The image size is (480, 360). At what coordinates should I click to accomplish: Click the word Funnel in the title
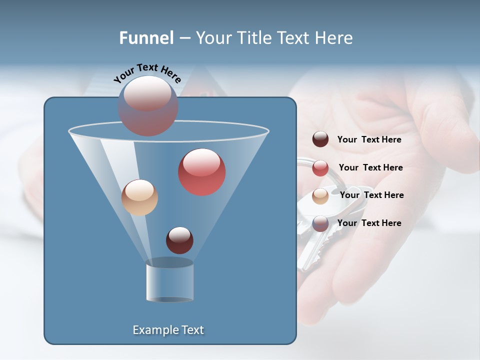pyautogui.click(x=146, y=38)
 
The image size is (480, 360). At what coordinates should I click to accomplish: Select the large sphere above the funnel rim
pyautogui.click(x=147, y=105)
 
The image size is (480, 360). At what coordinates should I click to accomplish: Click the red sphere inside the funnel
pyautogui.click(x=201, y=172)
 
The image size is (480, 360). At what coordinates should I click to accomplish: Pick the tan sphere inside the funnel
pyautogui.click(x=139, y=197)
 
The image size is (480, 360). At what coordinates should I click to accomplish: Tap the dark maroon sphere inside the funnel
pyautogui.click(x=179, y=240)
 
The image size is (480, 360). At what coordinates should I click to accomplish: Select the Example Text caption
pyautogui.click(x=168, y=330)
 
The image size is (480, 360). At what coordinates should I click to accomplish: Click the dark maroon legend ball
pyautogui.click(x=320, y=139)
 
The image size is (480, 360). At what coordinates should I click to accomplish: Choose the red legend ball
pyautogui.click(x=320, y=168)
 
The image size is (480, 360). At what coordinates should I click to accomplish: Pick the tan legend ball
pyautogui.click(x=320, y=195)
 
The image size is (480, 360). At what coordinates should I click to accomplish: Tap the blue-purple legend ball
pyautogui.click(x=320, y=223)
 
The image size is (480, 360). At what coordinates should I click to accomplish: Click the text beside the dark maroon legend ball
pyautogui.click(x=369, y=140)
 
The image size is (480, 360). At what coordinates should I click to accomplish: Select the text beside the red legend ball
pyautogui.click(x=370, y=168)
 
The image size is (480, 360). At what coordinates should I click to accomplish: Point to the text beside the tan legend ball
pyautogui.click(x=371, y=195)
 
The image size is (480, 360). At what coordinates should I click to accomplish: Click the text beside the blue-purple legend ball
pyautogui.click(x=369, y=223)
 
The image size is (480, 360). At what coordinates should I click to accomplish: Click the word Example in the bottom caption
pyautogui.click(x=151, y=330)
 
